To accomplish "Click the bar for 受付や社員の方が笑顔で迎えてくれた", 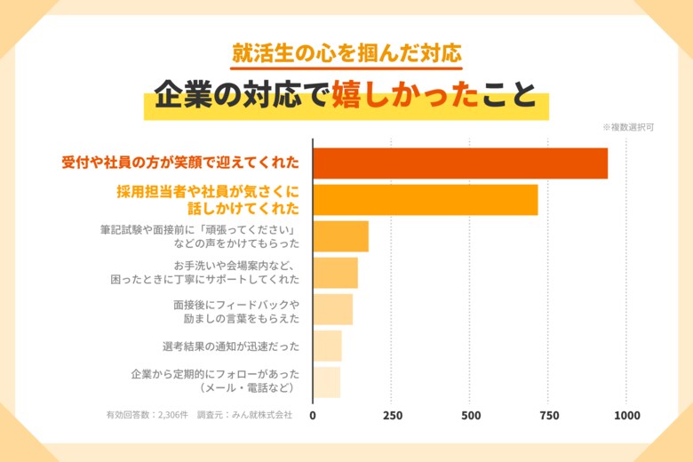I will (460, 163).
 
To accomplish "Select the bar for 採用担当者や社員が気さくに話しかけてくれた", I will (426, 200).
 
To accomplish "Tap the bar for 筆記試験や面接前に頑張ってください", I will (340, 236).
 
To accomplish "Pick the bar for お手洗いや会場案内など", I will (335, 273).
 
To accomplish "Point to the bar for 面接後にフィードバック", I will (332, 309).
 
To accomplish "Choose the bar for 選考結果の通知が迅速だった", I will (327, 346).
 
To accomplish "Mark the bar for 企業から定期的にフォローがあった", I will (326, 382).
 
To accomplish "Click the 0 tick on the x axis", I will (313, 415).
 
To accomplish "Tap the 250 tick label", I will (392, 415).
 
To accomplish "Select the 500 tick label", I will (470, 415).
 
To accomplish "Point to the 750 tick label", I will (549, 415).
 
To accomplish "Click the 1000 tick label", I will (627, 415).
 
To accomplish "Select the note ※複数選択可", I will (628, 127).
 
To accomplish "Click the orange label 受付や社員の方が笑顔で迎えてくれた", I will (180, 163).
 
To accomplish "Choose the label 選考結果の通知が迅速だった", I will (231, 346).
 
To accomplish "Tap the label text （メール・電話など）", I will (247, 388).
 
